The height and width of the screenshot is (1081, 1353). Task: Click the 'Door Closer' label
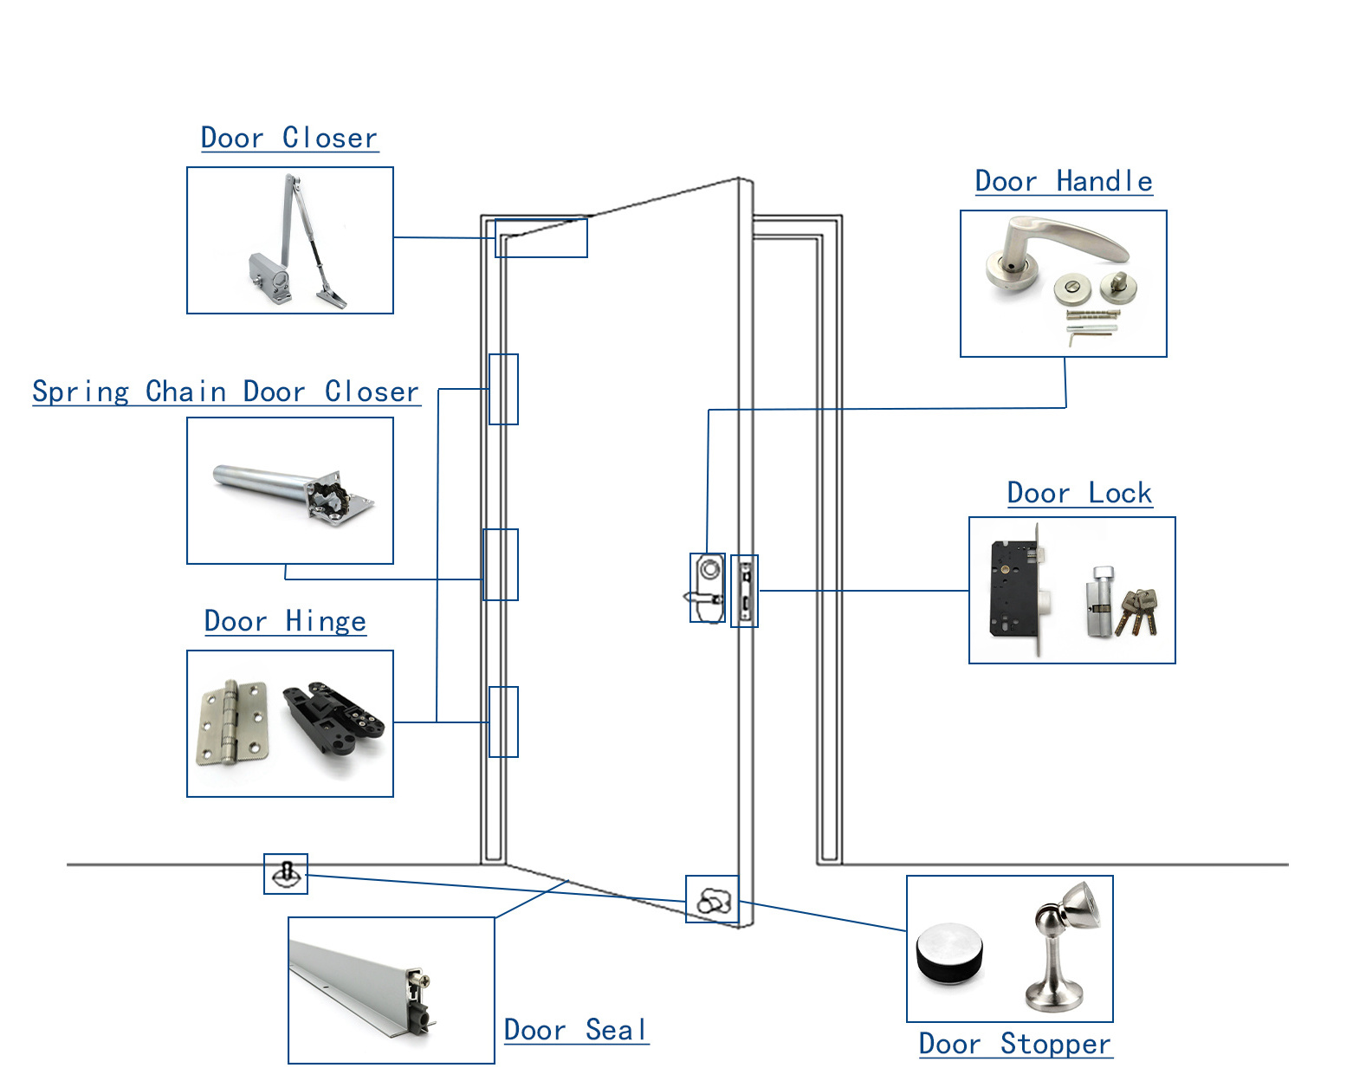[289, 139]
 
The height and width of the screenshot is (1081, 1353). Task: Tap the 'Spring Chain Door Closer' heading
[226, 392]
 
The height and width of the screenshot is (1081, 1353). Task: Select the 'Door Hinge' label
[285, 622]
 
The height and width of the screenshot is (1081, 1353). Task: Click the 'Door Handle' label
[1064, 182]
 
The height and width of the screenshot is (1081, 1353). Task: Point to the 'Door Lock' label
[1079, 494]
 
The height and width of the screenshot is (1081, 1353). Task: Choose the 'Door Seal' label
[576, 1031]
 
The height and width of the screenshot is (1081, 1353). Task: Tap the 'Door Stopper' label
[1015, 1045]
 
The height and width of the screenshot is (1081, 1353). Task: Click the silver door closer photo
[295, 247]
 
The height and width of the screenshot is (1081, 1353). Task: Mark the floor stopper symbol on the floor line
[286, 873]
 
